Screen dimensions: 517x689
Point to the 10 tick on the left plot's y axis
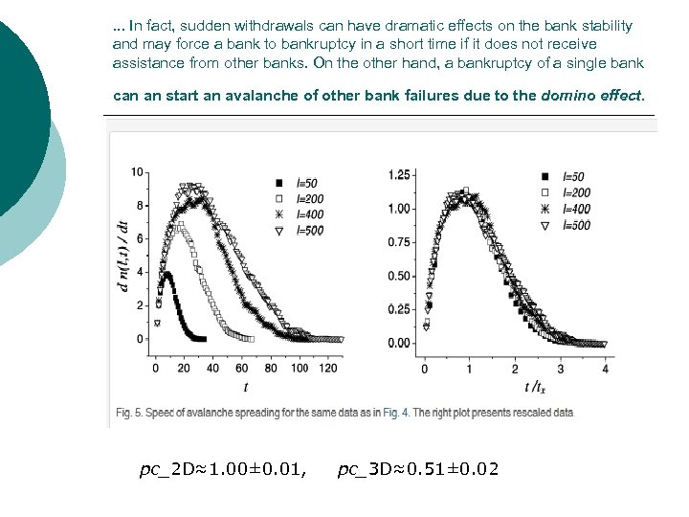coord(138,172)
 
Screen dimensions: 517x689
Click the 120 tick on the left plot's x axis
coord(328,368)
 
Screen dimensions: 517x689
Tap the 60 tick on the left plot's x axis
coord(242,368)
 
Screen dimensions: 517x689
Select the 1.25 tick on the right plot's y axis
coord(399,175)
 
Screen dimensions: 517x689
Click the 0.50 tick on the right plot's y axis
coord(399,276)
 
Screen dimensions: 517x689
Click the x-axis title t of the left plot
coord(246,387)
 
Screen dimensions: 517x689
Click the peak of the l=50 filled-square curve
coord(167,274)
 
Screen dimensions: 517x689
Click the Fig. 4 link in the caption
coord(394,413)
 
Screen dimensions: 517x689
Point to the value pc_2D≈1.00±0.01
coord(223,469)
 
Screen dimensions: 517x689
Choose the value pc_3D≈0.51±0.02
coord(418,469)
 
